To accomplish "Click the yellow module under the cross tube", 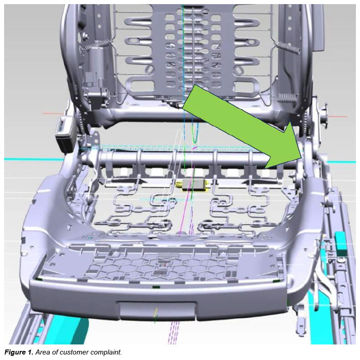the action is click(192, 185).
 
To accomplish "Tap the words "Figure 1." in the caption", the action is click(19, 352).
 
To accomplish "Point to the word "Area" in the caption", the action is click(42, 352).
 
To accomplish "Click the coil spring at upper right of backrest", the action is click(288, 48).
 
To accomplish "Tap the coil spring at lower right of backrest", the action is click(287, 98).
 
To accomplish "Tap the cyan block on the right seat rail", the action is click(340, 244).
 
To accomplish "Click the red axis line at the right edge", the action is click(338, 116).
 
